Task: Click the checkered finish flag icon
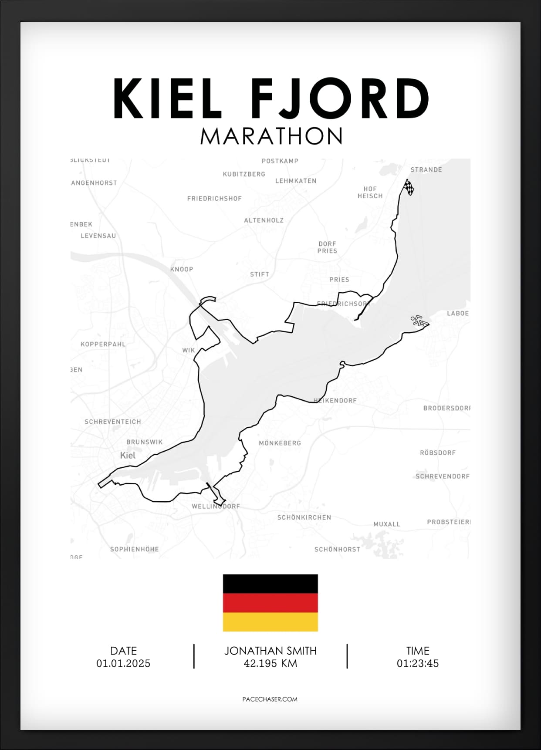(409, 187)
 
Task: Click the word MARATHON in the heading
(271, 136)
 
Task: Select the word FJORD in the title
(340, 98)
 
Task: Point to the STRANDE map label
(426, 169)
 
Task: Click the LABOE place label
(458, 313)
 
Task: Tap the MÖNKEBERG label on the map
(280, 443)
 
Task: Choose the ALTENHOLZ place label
(264, 220)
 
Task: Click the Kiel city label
(128, 455)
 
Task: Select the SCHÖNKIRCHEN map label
(304, 517)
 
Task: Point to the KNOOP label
(182, 269)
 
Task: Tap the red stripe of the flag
(270, 603)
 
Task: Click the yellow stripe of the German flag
(270, 622)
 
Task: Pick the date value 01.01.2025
(123, 663)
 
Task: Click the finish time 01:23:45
(417, 663)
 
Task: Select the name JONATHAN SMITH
(270, 651)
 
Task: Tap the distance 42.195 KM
(270, 663)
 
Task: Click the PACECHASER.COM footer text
(270, 699)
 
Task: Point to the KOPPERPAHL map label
(103, 344)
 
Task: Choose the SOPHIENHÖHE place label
(134, 549)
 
